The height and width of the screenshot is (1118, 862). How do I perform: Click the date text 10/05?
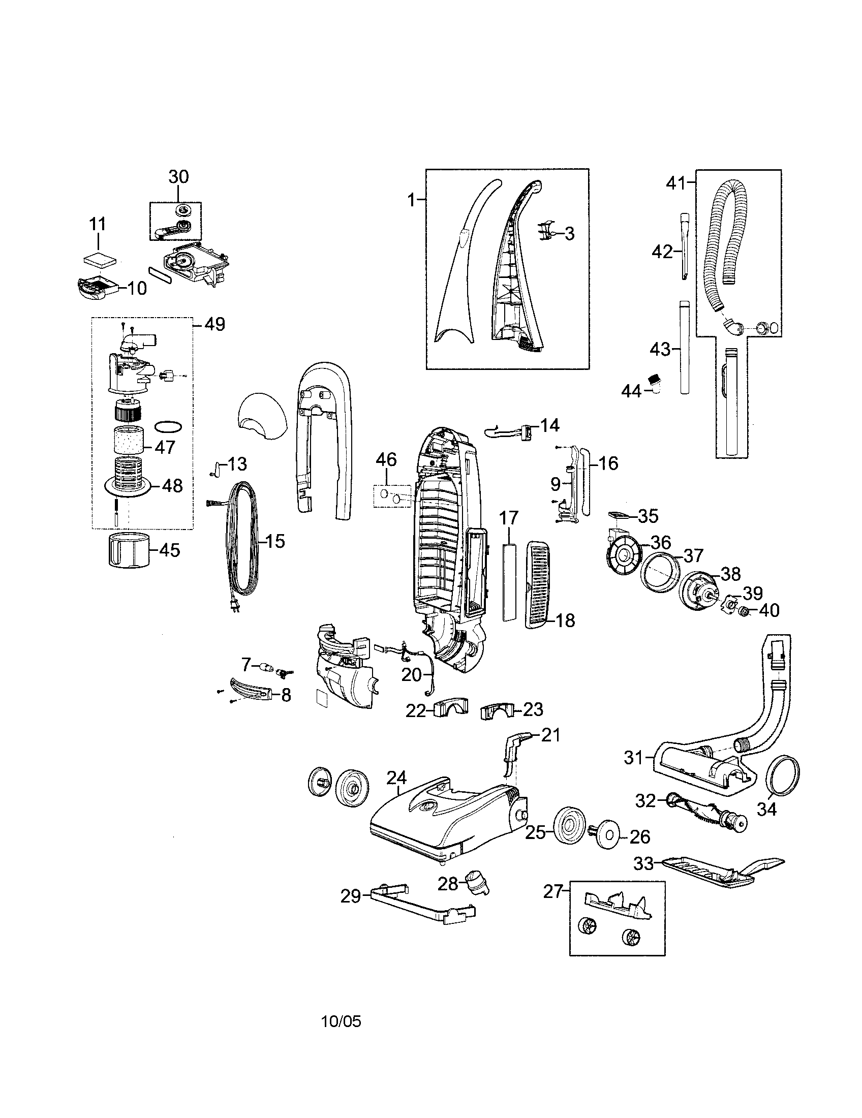click(x=341, y=1022)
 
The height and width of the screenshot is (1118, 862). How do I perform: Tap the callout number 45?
click(x=169, y=550)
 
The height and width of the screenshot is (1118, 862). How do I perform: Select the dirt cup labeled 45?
click(x=129, y=550)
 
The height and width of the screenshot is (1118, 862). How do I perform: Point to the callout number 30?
click(x=178, y=177)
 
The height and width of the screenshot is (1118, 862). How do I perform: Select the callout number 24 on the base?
click(x=396, y=778)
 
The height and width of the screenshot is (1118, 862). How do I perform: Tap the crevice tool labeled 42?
click(x=685, y=246)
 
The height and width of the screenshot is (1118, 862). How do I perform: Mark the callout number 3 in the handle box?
click(x=569, y=234)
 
